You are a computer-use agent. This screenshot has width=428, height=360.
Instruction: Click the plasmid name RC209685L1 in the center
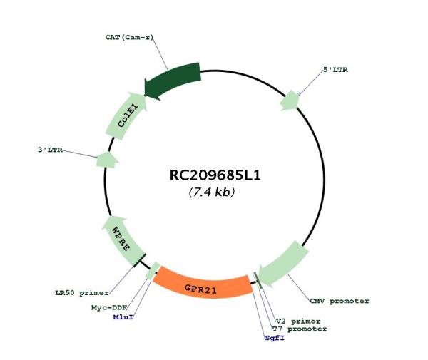pos(215,175)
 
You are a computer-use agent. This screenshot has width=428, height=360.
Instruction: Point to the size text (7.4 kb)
pos(212,192)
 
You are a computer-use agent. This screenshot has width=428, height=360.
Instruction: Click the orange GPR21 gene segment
pos(202,285)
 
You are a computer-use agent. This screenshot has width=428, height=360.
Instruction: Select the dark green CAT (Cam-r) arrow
pos(172,81)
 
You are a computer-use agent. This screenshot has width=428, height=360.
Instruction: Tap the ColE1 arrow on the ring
pos(127,116)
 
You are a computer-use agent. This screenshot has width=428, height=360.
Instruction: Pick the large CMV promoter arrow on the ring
pos(284,264)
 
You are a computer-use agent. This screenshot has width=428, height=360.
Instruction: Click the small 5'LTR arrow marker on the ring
pos(290,101)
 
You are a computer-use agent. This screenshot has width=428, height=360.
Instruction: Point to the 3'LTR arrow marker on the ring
pos(107,160)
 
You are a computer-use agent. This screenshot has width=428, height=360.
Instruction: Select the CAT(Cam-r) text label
pos(129,37)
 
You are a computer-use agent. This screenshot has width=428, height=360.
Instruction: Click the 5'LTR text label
pos(335,70)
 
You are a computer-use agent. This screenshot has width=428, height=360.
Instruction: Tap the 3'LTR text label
pos(50,150)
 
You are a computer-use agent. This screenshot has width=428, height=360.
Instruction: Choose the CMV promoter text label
pos(340,301)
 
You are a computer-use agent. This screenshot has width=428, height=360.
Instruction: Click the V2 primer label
pos(298,322)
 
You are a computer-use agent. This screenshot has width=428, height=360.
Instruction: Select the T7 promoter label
pos(300,329)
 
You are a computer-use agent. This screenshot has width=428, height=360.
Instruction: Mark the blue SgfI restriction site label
pos(275,338)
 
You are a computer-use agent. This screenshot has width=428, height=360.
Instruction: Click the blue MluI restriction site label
pos(123,317)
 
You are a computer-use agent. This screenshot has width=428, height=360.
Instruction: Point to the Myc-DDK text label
pos(109,308)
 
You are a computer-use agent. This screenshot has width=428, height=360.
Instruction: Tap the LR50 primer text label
pos(82,293)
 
